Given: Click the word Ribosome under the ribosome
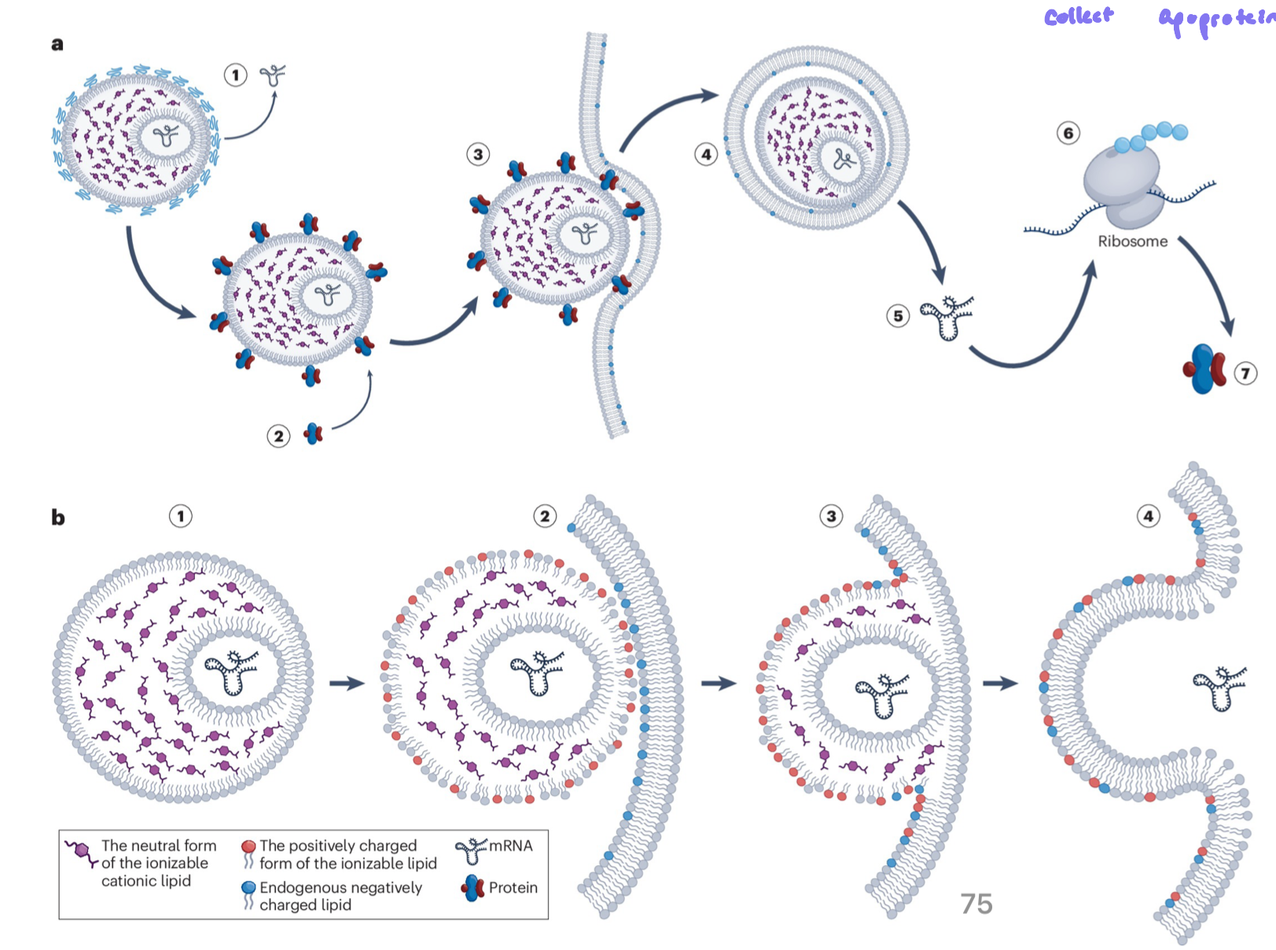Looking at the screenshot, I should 1132,241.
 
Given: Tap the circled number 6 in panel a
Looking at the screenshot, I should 1068,133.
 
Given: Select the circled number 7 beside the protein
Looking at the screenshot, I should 1245,373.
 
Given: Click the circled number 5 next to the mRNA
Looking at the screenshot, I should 898,316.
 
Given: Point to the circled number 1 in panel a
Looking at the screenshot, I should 235,75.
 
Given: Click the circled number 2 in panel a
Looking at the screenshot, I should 278,436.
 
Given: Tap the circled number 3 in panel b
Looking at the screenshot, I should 831,516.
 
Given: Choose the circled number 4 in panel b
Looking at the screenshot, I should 1148,516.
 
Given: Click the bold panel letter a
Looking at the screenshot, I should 57,44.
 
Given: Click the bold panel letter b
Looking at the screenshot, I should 58,517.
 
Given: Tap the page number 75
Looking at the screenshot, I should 976,904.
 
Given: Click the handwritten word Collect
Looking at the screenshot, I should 1079,17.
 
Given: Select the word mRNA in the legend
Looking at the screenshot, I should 510,845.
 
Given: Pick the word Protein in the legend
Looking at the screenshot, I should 513,887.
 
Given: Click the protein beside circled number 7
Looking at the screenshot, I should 1204,368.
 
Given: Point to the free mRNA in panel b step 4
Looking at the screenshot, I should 1219,687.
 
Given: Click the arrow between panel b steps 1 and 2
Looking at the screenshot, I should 347,683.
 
